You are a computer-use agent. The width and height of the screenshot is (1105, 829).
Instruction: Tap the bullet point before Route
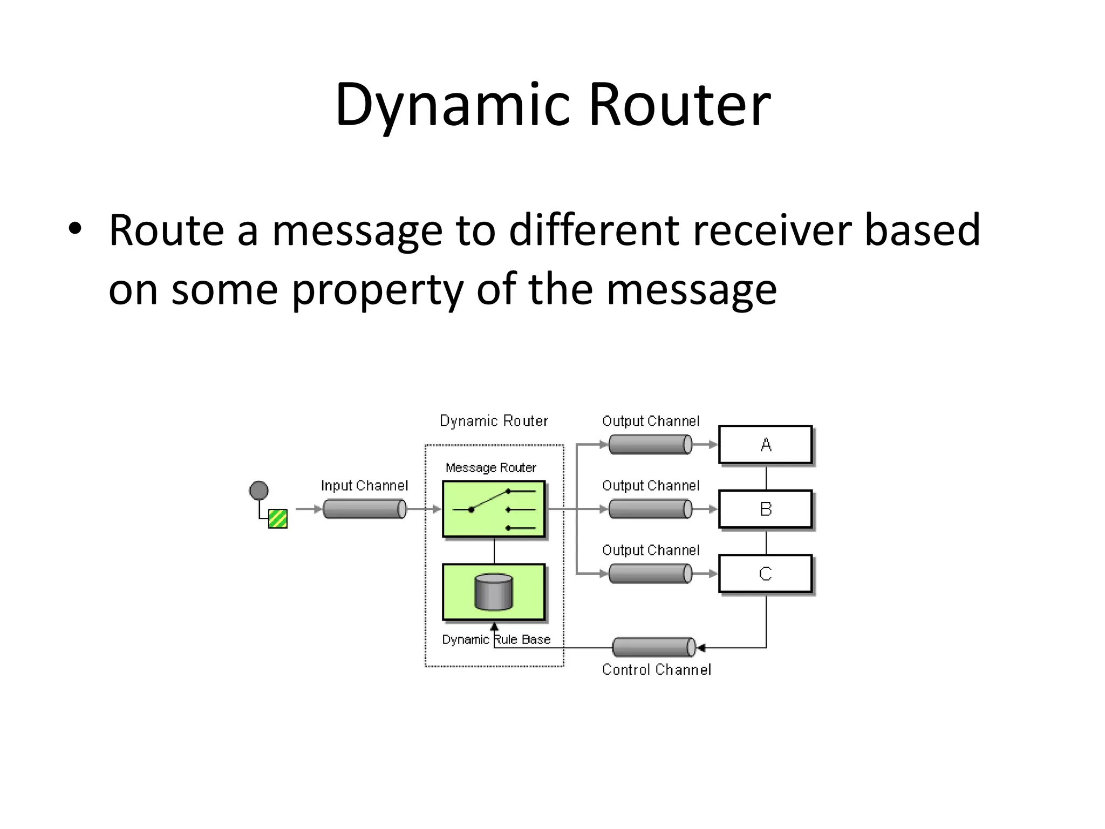click(75, 229)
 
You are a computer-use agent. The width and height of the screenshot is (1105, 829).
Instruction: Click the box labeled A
click(765, 445)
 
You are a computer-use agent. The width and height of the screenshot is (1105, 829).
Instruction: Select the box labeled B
click(765, 509)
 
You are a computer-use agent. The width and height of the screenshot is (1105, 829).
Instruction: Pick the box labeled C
click(765, 573)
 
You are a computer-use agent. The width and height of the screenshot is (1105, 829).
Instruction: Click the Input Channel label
click(364, 486)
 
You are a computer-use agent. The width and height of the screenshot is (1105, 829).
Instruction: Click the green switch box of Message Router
click(494, 509)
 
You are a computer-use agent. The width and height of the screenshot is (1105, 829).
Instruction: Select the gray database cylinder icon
click(494, 592)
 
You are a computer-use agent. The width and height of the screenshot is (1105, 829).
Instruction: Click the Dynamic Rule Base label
click(496, 640)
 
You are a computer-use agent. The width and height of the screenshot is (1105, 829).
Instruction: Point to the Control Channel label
click(656, 670)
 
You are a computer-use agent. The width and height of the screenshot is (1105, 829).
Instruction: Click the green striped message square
click(278, 519)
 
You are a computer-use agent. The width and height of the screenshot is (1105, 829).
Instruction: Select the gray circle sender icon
click(259, 491)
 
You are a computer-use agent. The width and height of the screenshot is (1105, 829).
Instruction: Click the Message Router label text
click(490, 468)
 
